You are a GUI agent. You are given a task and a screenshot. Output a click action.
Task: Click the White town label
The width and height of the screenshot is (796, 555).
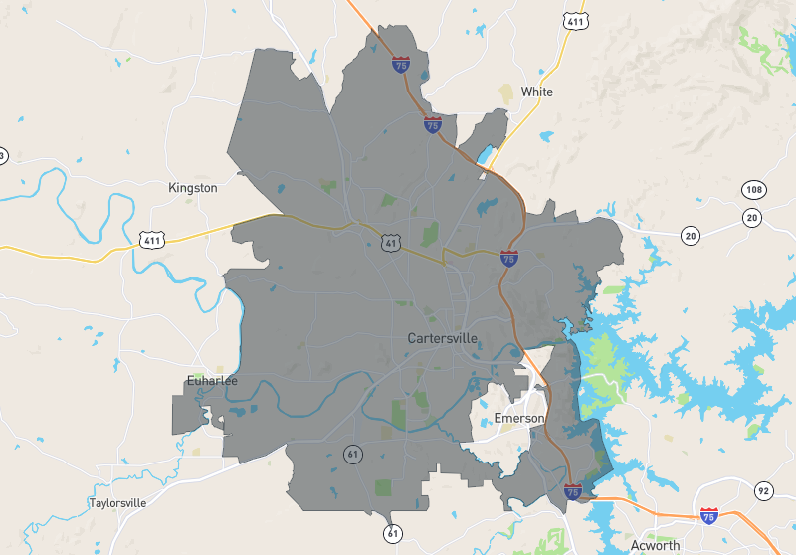pos(536,92)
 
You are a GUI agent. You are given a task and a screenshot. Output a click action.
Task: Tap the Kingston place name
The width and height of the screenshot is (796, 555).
pos(193,187)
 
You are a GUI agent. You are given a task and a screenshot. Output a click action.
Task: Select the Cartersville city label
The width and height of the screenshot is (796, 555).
pos(443,338)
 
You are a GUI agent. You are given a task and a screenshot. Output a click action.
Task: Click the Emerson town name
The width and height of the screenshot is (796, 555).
pos(519,418)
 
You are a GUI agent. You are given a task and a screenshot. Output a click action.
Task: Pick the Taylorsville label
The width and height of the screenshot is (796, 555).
pos(117,502)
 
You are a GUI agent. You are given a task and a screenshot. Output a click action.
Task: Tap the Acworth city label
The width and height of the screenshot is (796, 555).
pos(655,545)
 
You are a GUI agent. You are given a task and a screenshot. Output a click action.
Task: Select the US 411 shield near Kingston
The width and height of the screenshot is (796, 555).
pos(152,240)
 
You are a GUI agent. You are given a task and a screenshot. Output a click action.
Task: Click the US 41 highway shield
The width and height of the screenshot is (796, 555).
pos(390,241)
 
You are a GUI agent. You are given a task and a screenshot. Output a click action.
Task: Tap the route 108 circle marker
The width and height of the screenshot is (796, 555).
pos(752,189)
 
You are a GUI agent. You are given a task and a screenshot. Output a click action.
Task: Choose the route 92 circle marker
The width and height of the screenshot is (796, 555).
pos(763,490)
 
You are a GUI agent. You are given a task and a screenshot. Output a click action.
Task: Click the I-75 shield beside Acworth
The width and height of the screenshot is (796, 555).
pos(708,516)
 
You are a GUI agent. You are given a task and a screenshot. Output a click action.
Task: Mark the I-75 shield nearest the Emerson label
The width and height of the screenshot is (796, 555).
pos(572,491)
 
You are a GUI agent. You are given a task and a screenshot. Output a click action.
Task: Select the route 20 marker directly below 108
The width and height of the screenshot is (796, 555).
pos(752,218)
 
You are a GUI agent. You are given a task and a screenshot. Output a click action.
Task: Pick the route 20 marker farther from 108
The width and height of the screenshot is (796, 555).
pos(690,235)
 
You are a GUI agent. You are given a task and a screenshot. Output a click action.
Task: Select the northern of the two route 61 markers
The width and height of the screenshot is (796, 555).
pos(352,454)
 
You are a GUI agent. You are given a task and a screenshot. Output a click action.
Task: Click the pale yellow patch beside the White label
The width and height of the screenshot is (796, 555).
pos(506,92)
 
